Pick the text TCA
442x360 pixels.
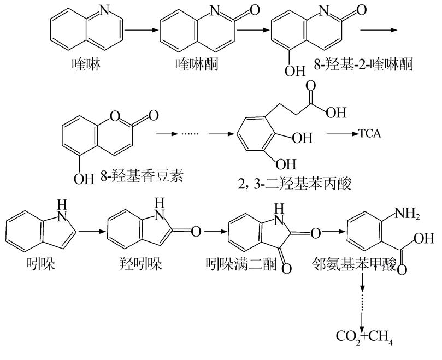(x=370, y=133)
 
